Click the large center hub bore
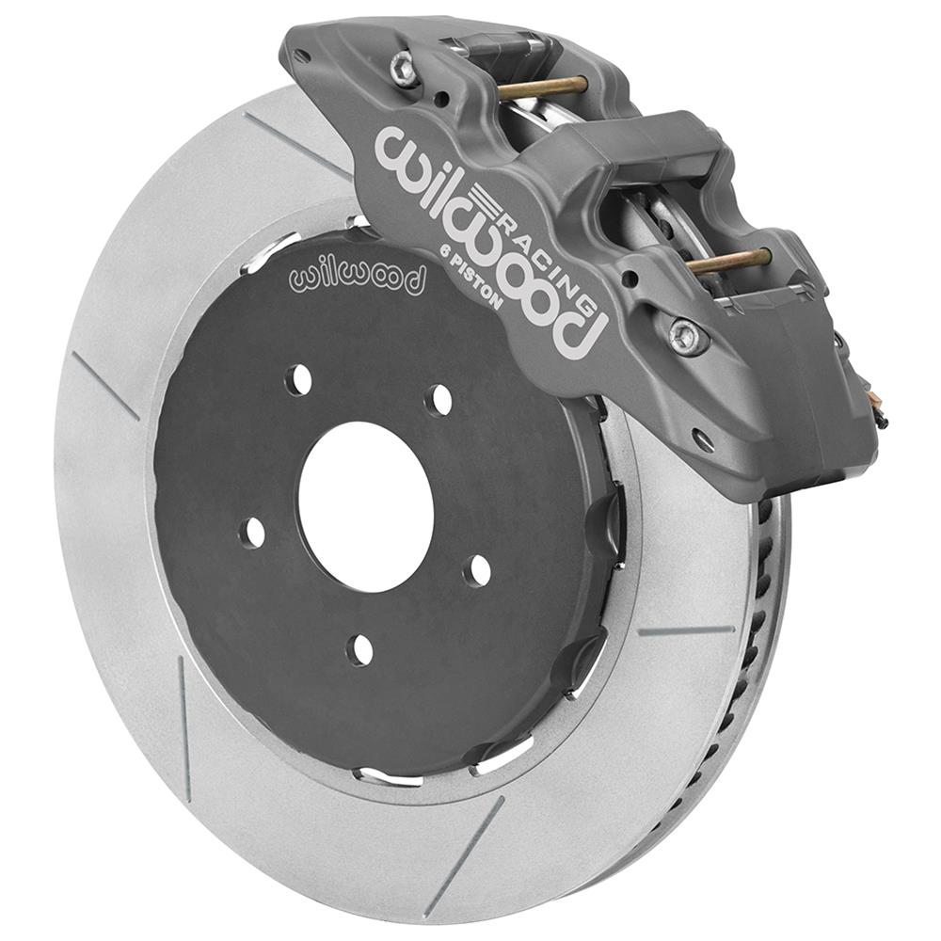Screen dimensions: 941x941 pos(365,505)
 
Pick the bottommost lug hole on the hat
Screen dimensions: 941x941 pos(359,648)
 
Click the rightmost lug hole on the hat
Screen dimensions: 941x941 pos(479,570)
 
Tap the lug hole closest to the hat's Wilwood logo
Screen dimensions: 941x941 pos(299,379)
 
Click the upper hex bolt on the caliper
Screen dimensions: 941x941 pos(405,69)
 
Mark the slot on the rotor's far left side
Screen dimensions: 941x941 pos(104,386)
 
